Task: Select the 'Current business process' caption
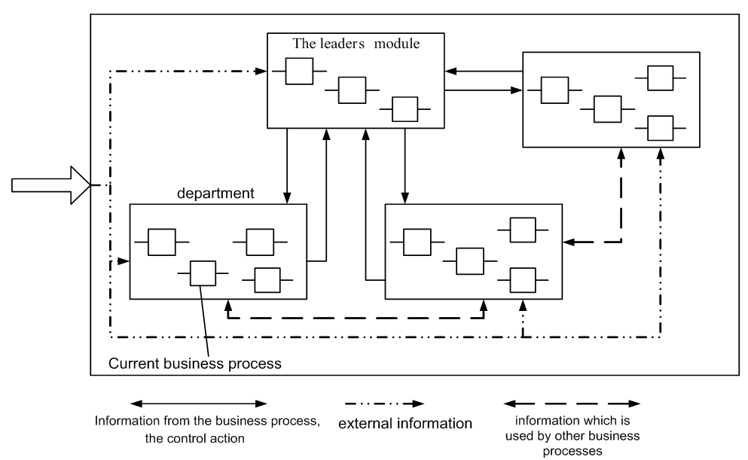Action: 195,364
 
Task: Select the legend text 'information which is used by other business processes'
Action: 573,433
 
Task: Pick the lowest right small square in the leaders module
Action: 405,109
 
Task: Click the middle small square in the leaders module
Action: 352,90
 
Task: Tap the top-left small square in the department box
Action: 160,242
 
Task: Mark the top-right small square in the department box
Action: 260,242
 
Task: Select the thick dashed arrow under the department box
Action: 355,318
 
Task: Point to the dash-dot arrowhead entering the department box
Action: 124,261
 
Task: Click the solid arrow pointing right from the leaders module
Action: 482,90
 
